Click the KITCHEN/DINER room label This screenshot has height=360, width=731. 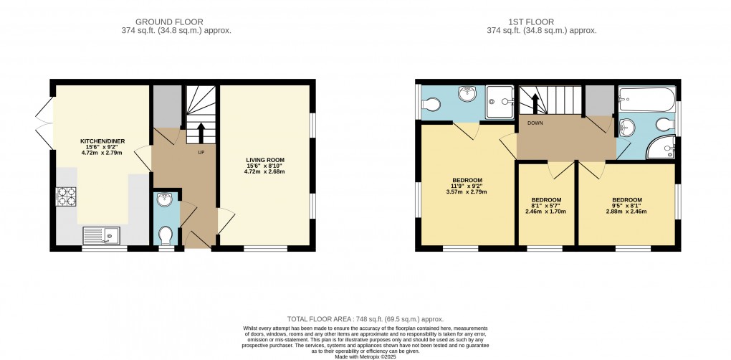[96, 141]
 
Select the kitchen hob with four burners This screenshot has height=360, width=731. [66, 196]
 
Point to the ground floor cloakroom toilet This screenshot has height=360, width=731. [166, 236]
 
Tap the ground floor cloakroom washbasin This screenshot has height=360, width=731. [164, 199]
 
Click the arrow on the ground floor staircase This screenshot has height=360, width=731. [200, 133]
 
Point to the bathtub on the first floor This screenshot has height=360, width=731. [645, 96]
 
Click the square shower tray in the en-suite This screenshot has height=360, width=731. [500, 101]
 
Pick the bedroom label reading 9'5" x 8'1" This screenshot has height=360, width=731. [626, 206]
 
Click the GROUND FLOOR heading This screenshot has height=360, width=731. [176, 22]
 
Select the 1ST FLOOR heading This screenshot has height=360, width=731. [541, 22]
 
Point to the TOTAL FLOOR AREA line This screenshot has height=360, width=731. [365, 319]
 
